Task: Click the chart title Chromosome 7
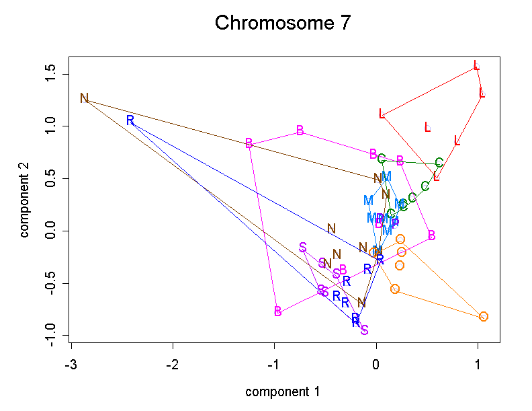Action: coord(282,24)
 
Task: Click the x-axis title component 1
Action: coord(282,391)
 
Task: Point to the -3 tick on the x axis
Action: coord(71,363)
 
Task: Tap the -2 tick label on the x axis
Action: coord(173,363)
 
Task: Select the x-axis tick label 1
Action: coord(478,363)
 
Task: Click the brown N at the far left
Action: coord(84,98)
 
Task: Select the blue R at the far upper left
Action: coord(130,120)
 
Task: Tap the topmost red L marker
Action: coord(476,66)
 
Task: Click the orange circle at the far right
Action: coord(484,316)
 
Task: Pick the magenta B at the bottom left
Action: coord(278,311)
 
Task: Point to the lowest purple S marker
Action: coord(364,330)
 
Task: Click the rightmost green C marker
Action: coord(439,163)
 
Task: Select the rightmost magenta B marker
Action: coord(431,235)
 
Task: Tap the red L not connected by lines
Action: coord(427,127)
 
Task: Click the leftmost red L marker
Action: coord(382,114)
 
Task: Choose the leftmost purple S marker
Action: coord(303,248)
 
